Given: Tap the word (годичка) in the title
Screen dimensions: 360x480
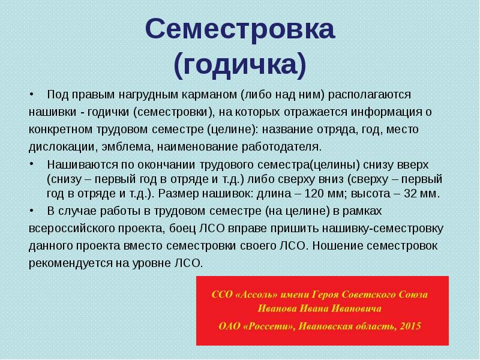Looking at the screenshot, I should coord(240,65).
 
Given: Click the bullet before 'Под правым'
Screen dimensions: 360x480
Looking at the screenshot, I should coord(33,95).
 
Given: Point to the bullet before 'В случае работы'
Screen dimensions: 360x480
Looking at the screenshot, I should coord(33,211).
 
